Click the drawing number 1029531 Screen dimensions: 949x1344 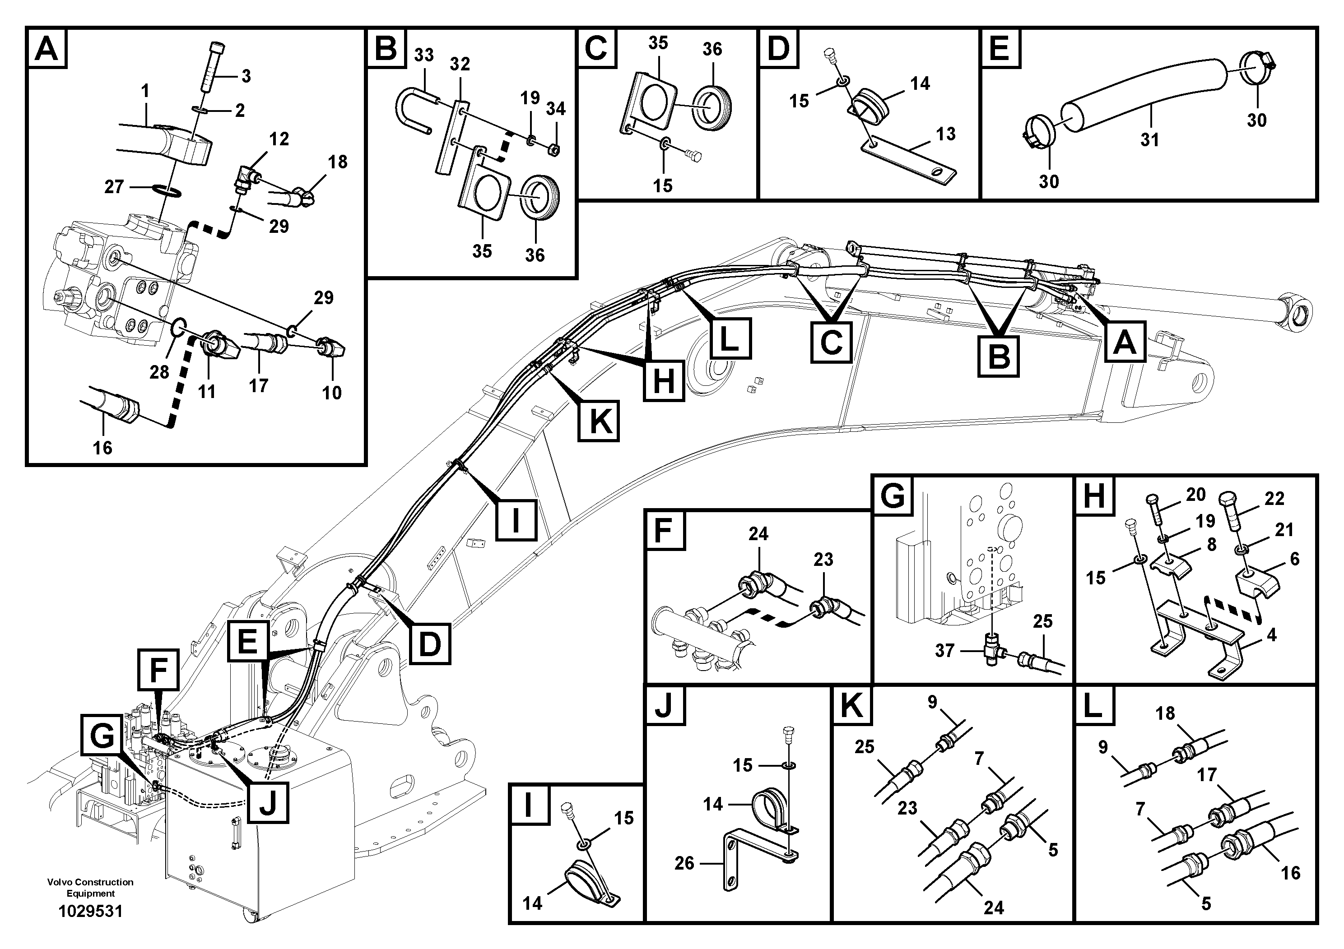coord(90,912)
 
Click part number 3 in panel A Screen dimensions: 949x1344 coord(246,76)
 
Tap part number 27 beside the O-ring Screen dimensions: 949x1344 coord(114,187)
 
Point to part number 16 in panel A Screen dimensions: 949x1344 coord(102,448)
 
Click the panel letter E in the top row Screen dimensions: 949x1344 coord(999,48)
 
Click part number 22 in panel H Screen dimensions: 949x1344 coord(1274,499)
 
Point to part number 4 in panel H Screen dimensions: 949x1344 coord(1271,635)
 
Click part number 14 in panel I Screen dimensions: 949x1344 coord(532,903)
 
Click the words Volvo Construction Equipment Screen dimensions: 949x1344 coord(90,888)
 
